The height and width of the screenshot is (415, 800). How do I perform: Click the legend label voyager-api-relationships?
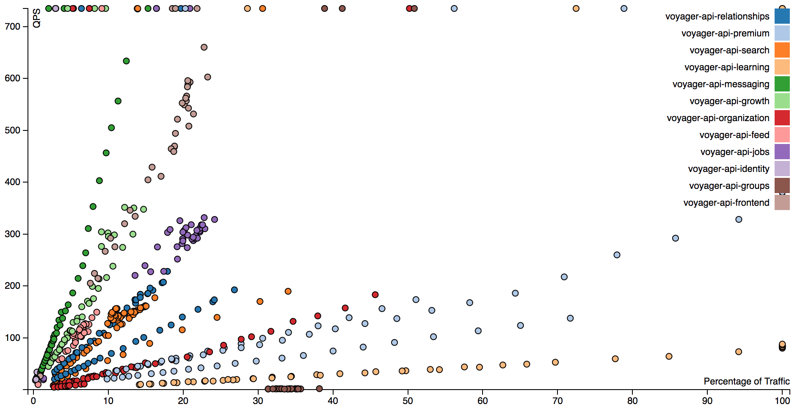(717, 17)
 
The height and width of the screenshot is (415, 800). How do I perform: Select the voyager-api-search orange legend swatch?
(782, 50)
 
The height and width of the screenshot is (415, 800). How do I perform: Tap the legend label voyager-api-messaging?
(720, 84)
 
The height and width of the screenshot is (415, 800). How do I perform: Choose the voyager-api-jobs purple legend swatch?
(782, 152)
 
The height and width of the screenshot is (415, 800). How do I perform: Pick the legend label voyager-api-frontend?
(726, 203)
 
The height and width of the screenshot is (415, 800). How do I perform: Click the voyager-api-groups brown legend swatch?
(782, 185)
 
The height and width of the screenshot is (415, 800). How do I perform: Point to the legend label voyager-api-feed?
(734, 135)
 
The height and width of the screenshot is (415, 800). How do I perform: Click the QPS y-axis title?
(37, 18)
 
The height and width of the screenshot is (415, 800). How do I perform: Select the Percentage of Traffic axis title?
(746, 382)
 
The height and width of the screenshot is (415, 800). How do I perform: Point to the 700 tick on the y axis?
(13, 27)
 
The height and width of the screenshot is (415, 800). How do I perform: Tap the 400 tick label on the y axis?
(13, 182)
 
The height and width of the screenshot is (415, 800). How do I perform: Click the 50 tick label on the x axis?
(408, 401)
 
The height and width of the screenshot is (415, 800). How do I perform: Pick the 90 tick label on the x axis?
(707, 401)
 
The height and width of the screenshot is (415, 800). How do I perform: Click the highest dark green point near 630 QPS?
(126, 61)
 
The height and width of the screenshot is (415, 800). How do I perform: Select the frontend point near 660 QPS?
(204, 47)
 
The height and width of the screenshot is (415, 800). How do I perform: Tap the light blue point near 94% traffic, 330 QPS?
(739, 219)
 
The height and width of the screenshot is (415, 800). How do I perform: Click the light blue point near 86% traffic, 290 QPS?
(676, 238)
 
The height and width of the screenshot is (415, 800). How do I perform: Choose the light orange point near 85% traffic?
(669, 357)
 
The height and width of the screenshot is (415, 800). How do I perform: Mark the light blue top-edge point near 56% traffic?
(454, 8)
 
